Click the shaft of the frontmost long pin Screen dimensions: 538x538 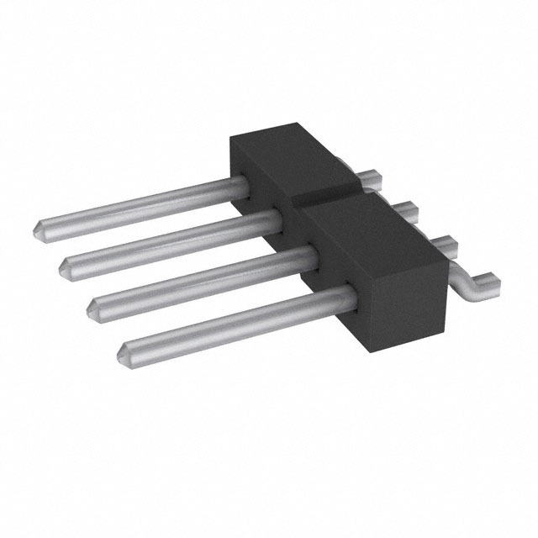(235, 317)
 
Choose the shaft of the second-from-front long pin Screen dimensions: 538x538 (202, 277)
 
